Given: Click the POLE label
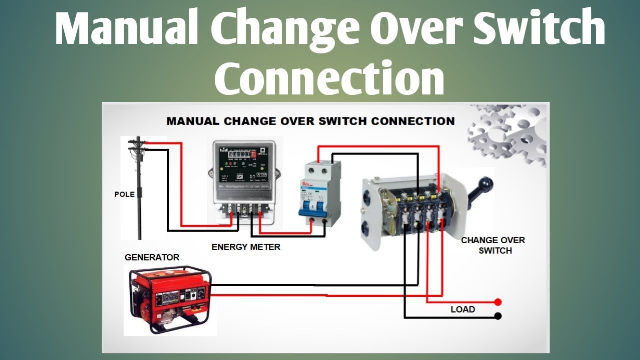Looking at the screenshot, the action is point(124,194).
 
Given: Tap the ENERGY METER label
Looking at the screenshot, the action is point(246,247).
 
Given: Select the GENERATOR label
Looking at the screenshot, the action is point(152,258).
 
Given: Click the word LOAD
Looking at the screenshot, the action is point(463,309).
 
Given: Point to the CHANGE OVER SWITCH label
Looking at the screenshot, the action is point(493,245).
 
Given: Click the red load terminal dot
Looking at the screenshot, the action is point(498,302).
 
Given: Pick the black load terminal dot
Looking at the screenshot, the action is point(498,316).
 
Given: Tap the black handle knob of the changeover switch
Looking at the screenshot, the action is point(484,185).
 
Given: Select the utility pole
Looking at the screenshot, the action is point(139,190).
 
